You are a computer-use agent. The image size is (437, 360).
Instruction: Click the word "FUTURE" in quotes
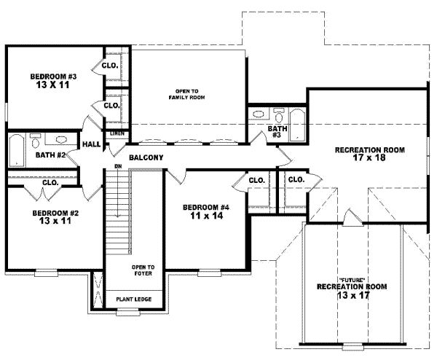tap(351, 281)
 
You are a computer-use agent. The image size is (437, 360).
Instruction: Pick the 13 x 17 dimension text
tap(351, 296)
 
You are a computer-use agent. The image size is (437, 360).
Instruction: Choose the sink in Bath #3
tap(259, 114)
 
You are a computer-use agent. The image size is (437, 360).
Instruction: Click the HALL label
tap(91, 145)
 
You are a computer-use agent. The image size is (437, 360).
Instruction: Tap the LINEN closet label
tap(117, 134)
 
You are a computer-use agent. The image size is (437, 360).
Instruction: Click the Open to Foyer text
tap(143, 271)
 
